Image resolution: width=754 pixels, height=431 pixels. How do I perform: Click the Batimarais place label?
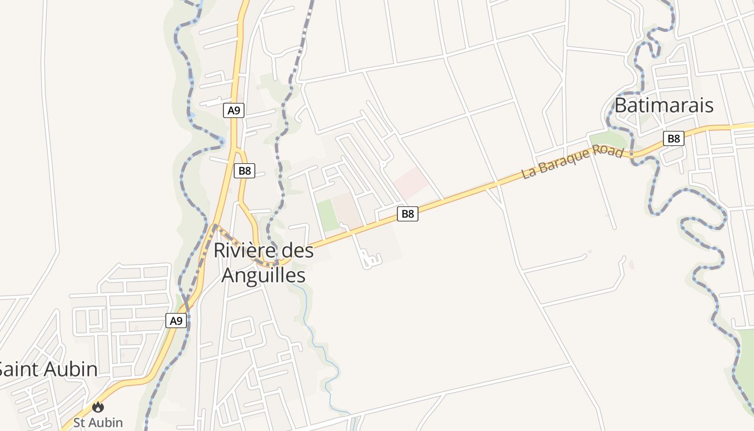(x=664, y=105)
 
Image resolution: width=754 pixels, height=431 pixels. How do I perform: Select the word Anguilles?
(x=263, y=275)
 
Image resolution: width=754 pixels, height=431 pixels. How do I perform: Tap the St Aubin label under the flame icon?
(x=98, y=422)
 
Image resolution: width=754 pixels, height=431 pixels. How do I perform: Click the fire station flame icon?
(x=98, y=407)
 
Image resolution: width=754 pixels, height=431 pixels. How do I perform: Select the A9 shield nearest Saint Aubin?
(x=176, y=321)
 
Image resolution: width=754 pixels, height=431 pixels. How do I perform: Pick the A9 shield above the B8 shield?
(x=234, y=110)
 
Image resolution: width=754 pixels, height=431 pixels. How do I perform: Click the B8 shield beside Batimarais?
(x=673, y=138)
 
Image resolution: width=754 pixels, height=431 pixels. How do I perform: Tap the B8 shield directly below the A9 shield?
(x=245, y=171)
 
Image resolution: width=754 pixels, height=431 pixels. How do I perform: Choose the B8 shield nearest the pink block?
(x=408, y=214)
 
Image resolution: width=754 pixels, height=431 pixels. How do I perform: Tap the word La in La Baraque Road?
(x=529, y=173)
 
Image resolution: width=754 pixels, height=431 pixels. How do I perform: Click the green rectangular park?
(x=327, y=215)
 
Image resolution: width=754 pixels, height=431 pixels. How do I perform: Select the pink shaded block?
(x=411, y=182)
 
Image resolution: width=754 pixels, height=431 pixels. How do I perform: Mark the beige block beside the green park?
(x=347, y=210)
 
